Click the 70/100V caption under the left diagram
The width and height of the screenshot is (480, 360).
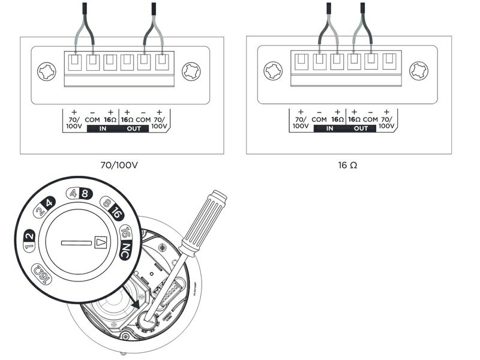(x=121, y=164)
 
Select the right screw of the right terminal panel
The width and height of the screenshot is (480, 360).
(x=418, y=71)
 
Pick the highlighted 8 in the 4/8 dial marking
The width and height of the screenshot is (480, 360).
(x=85, y=193)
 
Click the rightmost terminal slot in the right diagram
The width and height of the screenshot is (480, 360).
(x=388, y=61)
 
